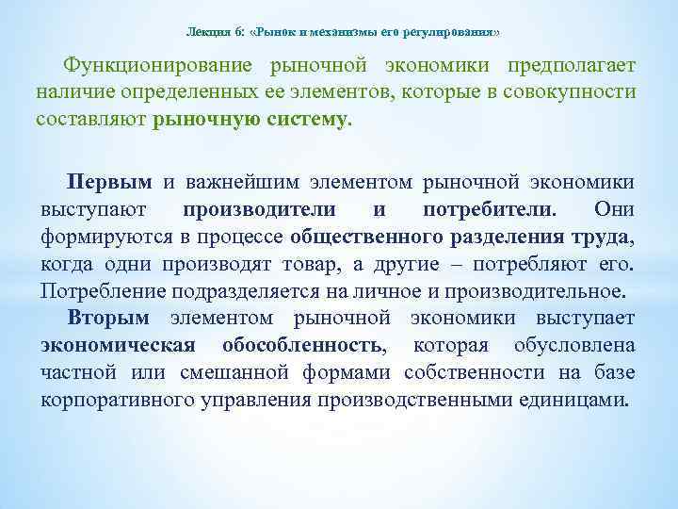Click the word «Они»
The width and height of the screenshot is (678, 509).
point(614,208)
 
